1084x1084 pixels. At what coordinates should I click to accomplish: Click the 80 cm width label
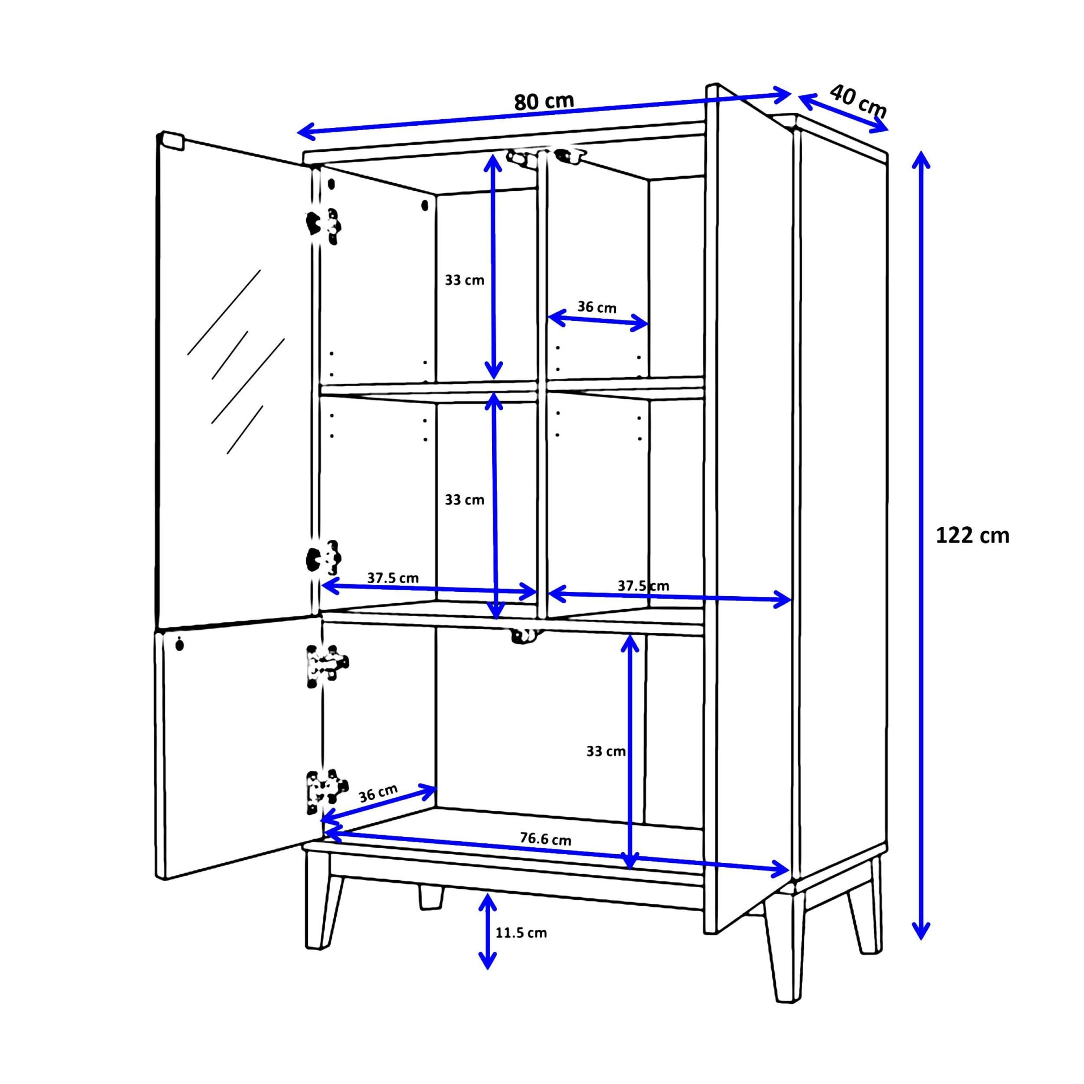click(544, 101)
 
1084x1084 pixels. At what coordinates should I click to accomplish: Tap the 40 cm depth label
click(857, 101)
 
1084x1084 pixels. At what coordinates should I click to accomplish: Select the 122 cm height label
click(972, 536)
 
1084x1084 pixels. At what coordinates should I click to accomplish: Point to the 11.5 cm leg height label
click(520, 932)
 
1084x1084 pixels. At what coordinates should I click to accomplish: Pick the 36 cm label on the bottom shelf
click(378, 793)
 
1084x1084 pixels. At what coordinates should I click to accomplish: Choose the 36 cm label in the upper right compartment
click(596, 307)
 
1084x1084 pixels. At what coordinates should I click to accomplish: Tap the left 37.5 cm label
click(393, 578)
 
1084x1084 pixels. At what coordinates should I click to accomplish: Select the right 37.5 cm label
click(643, 586)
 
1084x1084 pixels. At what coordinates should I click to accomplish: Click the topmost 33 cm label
click(464, 280)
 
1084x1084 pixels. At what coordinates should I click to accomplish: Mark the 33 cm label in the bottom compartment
click(605, 751)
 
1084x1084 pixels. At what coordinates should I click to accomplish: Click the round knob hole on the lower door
click(179, 644)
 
